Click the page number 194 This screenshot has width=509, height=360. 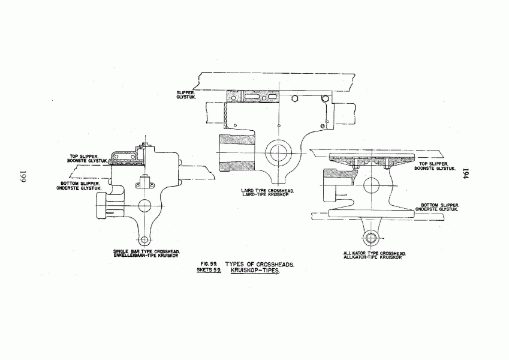tap(466, 174)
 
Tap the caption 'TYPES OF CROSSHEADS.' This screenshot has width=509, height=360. tap(260, 265)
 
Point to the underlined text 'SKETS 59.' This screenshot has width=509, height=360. tap(209, 269)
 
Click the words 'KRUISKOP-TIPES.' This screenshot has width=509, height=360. tap(255, 271)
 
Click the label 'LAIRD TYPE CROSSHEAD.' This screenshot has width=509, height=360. tap(268, 190)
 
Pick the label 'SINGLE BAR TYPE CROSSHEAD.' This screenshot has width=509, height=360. tap(147, 251)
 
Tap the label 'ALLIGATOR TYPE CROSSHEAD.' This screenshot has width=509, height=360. tap(375, 253)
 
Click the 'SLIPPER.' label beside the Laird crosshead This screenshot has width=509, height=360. tap(185, 93)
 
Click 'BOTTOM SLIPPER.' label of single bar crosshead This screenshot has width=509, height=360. tap(80, 184)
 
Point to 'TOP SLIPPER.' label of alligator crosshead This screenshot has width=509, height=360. tap(433, 164)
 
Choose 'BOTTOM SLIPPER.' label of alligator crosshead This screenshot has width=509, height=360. tap(440, 205)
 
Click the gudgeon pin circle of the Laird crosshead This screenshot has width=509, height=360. tap(279, 152)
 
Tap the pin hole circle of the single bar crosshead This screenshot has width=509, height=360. tap(144, 206)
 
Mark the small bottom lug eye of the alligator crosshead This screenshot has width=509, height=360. tap(371, 238)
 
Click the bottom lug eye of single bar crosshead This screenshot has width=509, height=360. tap(144, 240)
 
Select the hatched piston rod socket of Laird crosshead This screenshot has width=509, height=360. tap(237, 152)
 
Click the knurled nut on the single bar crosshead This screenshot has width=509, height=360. tap(101, 205)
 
